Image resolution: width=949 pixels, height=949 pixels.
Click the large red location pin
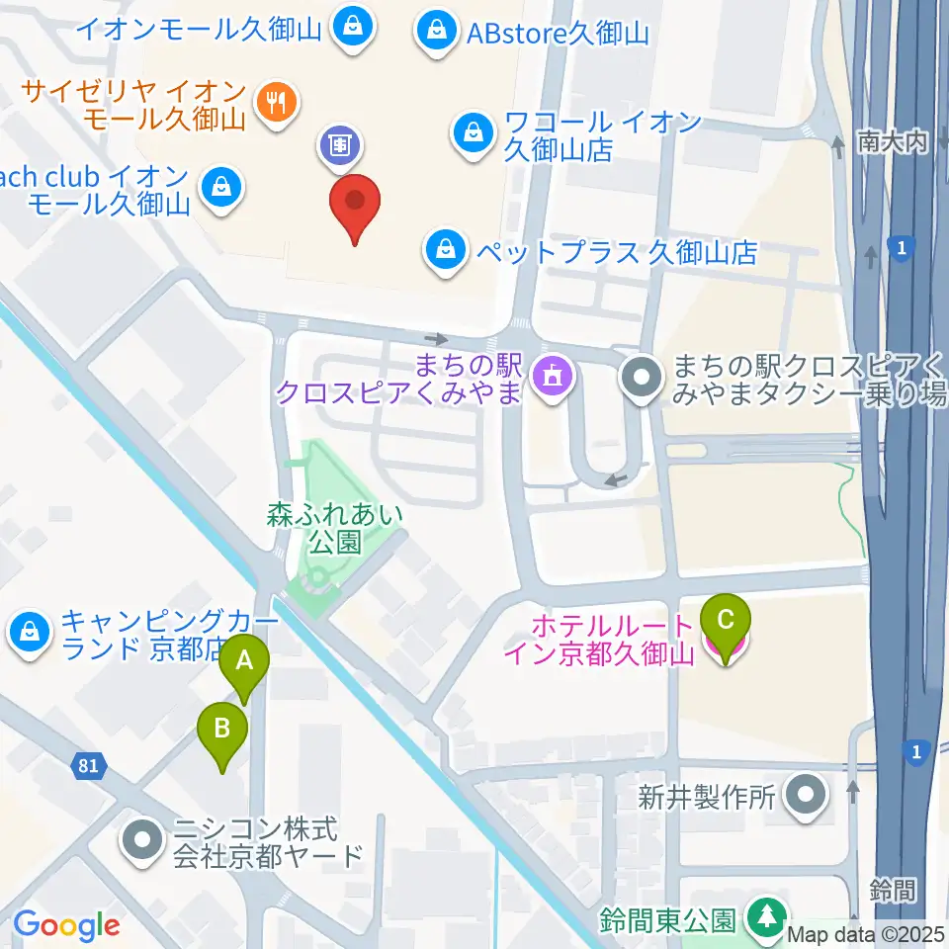click(355, 205)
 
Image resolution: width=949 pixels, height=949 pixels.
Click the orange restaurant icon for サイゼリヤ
click(277, 103)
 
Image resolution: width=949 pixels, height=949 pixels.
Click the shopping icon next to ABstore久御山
click(435, 33)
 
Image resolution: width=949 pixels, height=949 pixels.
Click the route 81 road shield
click(89, 765)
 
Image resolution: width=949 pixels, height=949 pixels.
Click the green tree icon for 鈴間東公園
click(764, 917)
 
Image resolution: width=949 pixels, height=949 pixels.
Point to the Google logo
click(66, 925)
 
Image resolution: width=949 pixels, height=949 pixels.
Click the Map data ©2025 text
click(866, 934)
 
